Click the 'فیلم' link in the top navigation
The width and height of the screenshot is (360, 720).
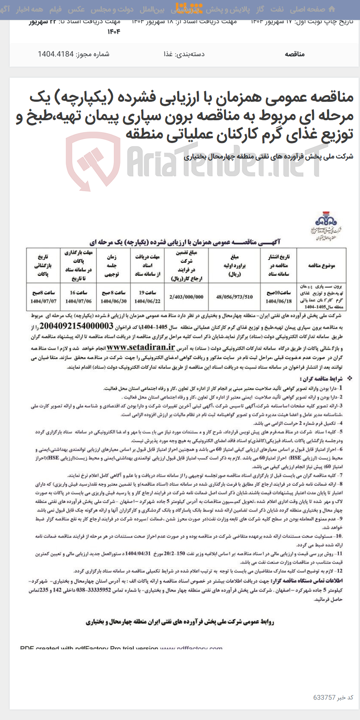[x=55, y=9]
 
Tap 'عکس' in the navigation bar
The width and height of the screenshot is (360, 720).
[x=76, y=9]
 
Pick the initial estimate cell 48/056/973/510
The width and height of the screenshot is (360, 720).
[x=234, y=297]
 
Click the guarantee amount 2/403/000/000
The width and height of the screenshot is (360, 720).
[x=186, y=297]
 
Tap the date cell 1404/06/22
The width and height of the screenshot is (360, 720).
[x=147, y=301]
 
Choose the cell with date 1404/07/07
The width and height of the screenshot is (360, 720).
[x=43, y=301]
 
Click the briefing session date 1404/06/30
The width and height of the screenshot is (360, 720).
[x=113, y=301]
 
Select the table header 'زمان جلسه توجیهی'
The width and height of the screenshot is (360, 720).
[x=113, y=266]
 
